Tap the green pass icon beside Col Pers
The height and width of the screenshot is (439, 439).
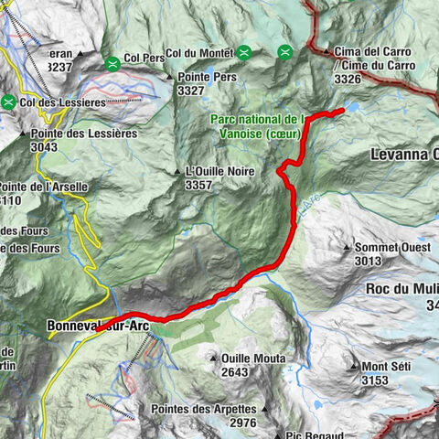click(x=112, y=63)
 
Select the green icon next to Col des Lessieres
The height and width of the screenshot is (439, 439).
click(x=9, y=102)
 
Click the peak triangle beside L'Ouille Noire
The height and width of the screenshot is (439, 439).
click(x=177, y=171)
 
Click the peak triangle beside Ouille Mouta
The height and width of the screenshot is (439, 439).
click(x=213, y=359)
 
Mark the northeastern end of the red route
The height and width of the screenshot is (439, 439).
click(x=342, y=111)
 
